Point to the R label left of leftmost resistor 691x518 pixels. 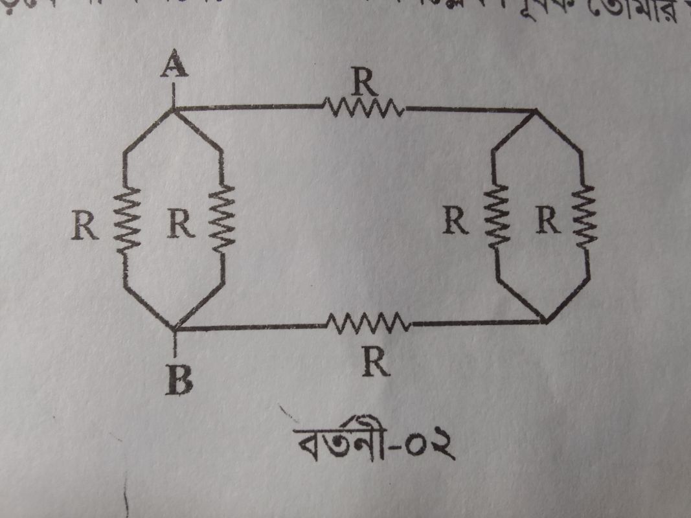[x=87, y=225]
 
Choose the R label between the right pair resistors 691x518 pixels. [x=547, y=222]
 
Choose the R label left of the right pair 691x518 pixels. [x=456, y=222]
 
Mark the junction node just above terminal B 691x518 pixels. [x=176, y=327]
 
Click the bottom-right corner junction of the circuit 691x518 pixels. [x=546, y=320]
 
